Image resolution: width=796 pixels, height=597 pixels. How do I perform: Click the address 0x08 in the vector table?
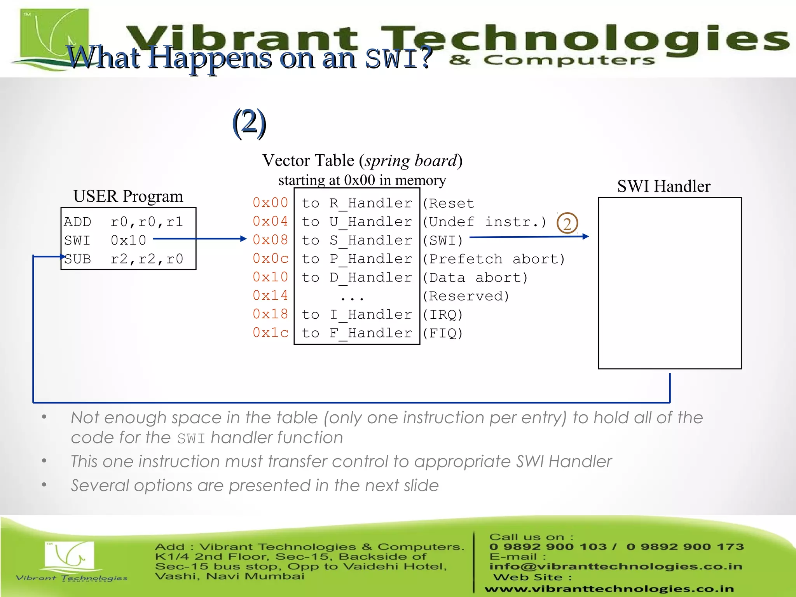[270, 240]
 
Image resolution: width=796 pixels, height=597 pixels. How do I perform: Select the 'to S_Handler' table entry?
[357, 240]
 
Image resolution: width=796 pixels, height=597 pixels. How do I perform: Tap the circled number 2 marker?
[567, 223]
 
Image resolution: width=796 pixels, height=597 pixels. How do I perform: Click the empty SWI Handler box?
[670, 283]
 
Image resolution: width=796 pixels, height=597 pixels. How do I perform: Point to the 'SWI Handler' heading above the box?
[663, 186]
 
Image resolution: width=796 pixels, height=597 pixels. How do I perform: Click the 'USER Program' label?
[128, 196]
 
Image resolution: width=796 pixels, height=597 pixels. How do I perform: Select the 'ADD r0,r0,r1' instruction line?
[124, 222]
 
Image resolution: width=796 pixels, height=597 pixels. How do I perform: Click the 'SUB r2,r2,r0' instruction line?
[124, 259]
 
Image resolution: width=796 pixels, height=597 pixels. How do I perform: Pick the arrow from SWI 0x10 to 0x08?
[200, 239]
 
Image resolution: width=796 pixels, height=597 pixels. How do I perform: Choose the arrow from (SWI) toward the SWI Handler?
[529, 237]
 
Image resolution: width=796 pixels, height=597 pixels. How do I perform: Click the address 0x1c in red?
[270, 333]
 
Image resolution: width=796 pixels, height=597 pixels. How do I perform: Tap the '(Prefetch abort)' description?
[494, 259]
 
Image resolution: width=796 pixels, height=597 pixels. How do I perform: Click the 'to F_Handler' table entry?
[357, 333]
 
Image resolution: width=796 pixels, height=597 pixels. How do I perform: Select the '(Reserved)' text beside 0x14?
[466, 296]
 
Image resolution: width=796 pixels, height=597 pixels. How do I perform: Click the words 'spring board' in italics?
[410, 161]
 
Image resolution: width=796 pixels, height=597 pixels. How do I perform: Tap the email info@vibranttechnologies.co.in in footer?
[616, 567]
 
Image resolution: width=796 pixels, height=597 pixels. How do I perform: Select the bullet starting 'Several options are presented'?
[255, 485]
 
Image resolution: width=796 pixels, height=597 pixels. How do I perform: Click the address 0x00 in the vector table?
[270, 202]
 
